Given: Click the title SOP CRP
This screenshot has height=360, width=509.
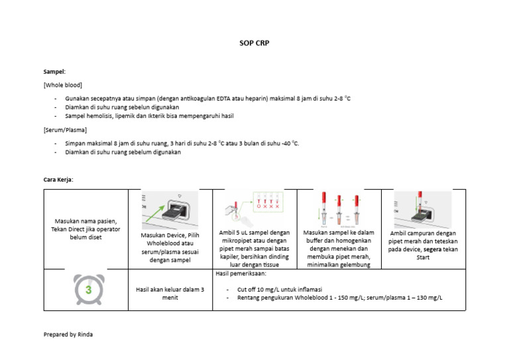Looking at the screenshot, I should (x=254, y=43).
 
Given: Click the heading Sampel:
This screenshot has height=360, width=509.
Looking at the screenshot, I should (x=54, y=72).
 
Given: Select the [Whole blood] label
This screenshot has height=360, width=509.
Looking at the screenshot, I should (x=62, y=86).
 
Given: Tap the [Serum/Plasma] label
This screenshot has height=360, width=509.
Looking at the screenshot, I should (x=65, y=130).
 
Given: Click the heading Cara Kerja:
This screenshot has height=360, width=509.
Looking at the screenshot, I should (x=58, y=180).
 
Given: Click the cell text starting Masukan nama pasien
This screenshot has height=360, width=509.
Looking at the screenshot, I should (x=87, y=229).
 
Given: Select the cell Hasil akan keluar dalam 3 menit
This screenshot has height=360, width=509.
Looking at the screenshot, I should (x=170, y=294).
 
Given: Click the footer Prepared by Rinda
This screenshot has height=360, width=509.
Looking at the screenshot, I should (x=68, y=334).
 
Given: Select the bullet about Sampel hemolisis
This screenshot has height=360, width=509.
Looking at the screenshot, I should (x=149, y=116).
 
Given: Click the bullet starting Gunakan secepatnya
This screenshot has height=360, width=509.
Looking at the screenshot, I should (x=207, y=99).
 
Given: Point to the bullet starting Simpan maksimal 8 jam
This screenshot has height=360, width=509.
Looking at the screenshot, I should (x=182, y=143).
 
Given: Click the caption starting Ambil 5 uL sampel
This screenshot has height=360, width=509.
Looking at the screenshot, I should (x=254, y=249).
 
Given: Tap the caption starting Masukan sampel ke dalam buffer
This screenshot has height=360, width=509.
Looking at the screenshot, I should (x=339, y=249).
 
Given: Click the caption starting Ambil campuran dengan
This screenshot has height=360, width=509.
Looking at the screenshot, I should (x=423, y=245).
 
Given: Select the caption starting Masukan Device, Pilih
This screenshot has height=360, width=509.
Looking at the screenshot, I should (x=170, y=248).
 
